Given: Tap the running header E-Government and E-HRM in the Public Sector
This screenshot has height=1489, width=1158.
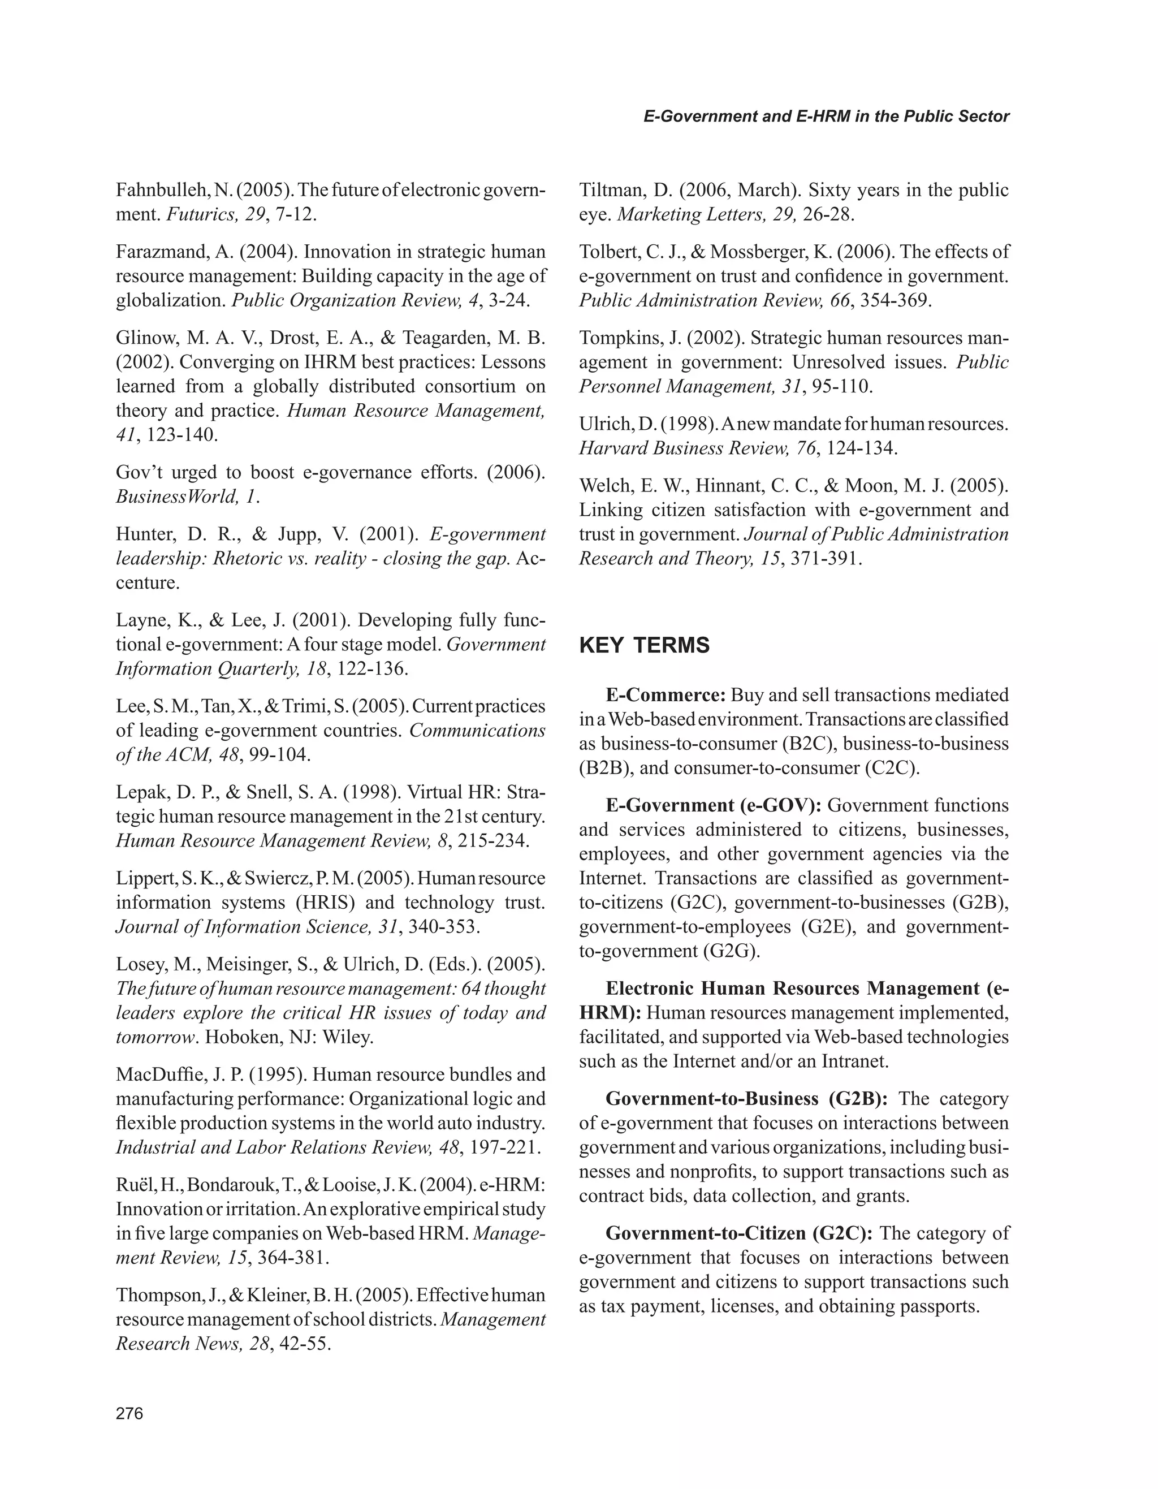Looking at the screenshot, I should [x=826, y=116].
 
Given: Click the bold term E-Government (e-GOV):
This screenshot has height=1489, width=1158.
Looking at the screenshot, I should [x=714, y=805].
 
